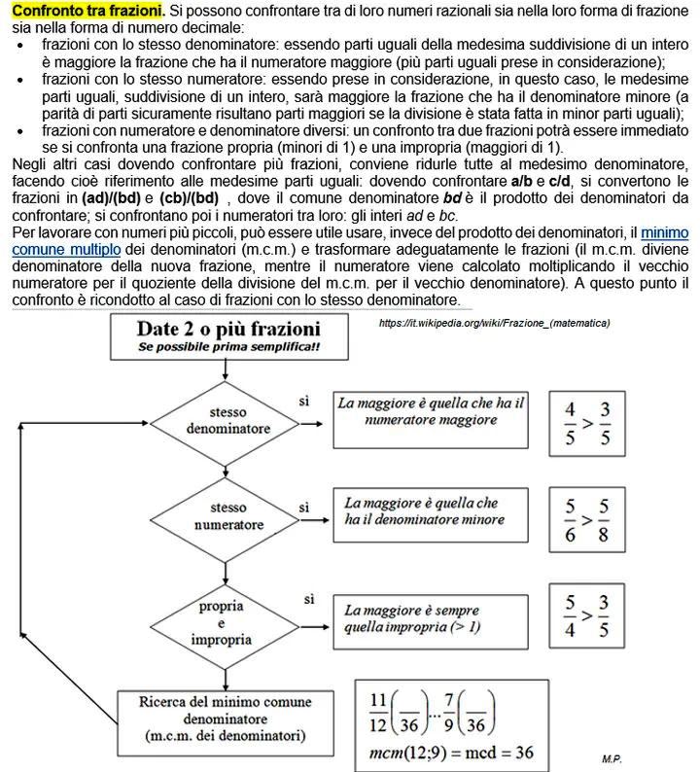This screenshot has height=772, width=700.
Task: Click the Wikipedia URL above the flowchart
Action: click(494, 323)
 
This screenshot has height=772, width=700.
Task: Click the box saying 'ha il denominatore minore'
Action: click(424, 511)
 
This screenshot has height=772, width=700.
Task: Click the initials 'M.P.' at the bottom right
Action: click(612, 756)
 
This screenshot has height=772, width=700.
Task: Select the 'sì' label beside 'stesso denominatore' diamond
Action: click(305, 402)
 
